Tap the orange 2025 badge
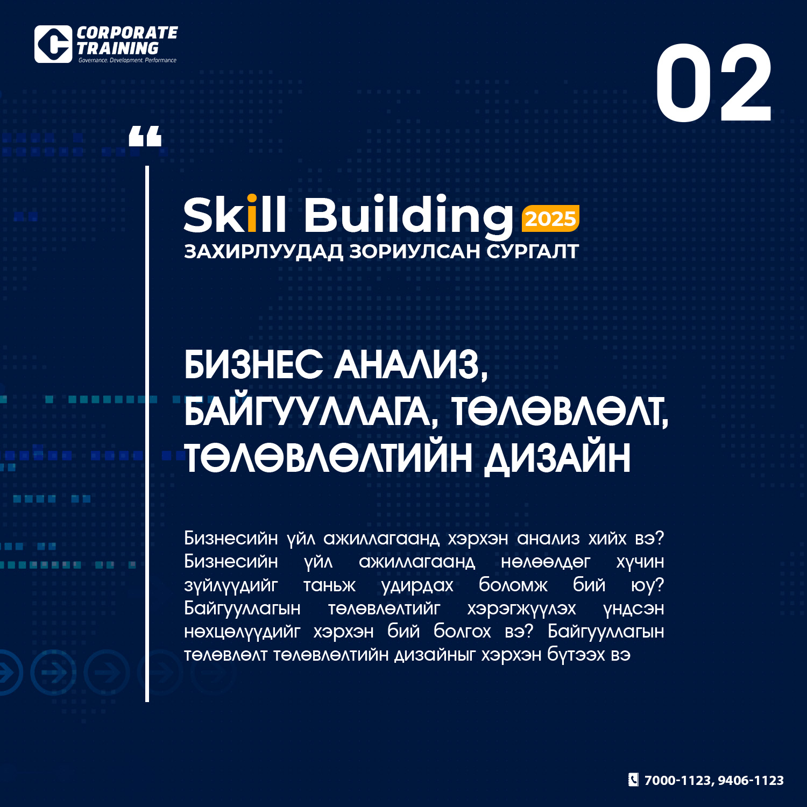pos(550,218)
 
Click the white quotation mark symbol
pos(145,136)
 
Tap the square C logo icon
pos(53,44)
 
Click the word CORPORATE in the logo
pos(127,33)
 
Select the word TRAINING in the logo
pos(118,48)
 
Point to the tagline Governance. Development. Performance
pos(128,60)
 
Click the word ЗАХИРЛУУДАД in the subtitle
pos(263,252)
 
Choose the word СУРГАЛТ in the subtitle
pos(533,251)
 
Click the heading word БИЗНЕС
pos(253,364)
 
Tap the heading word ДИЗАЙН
pos(557,458)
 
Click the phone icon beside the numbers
pos(634,780)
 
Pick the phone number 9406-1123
pos(751,780)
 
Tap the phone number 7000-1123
pos(678,781)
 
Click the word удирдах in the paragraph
pos(417,585)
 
